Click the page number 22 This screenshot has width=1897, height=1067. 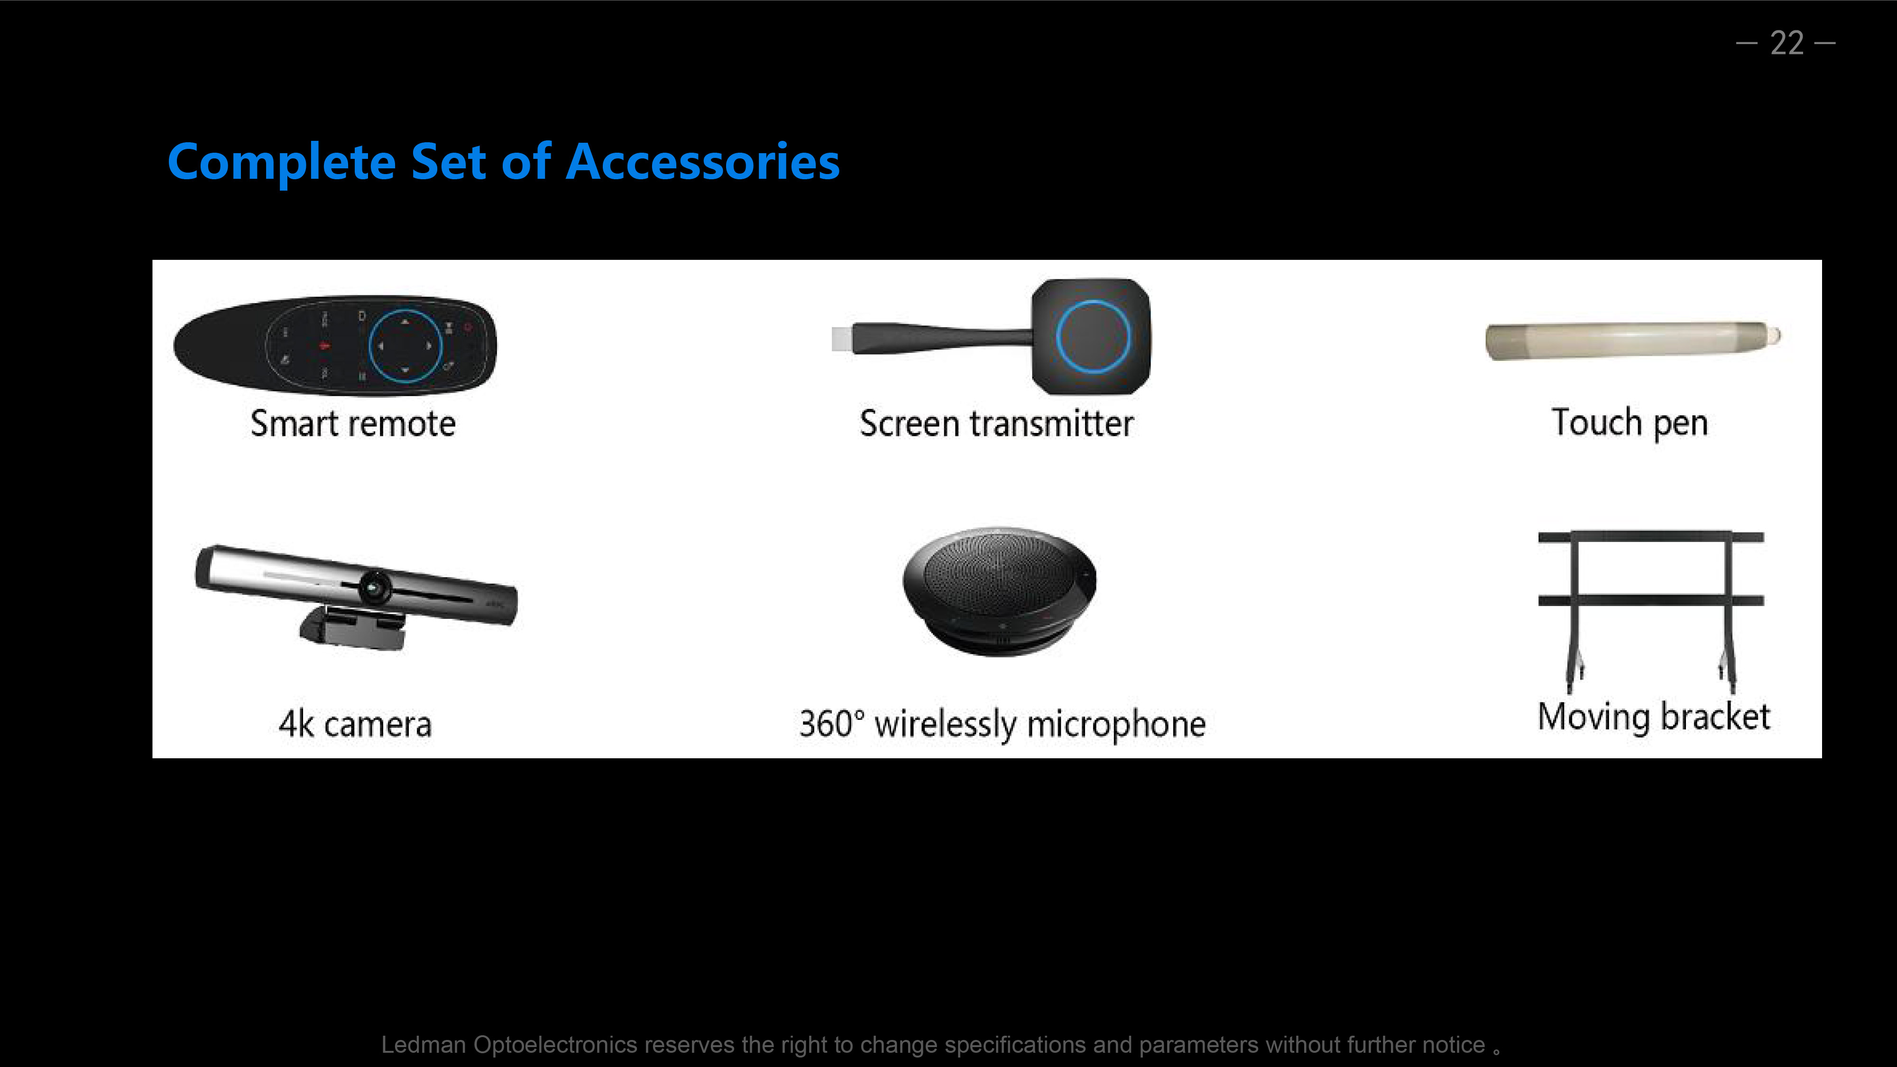(1786, 44)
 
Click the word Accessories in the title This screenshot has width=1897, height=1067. (702, 162)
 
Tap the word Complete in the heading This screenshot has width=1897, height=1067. (282, 163)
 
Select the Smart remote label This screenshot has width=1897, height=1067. (353, 423)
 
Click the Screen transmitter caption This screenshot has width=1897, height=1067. (996, 423)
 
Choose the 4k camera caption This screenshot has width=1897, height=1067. (355, 724)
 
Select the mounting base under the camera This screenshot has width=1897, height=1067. (352, 627)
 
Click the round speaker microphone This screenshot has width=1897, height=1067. (999, 590)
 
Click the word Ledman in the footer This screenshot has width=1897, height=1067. (424, 1044)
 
